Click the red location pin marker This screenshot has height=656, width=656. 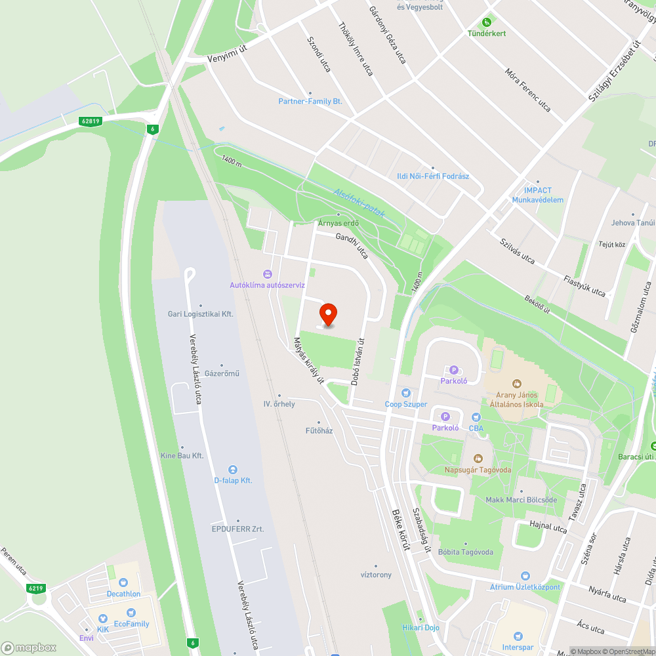(327, 314)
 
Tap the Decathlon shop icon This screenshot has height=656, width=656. (123, 582)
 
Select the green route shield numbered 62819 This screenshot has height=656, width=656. (91, 121)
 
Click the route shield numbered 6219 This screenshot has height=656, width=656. (36, 588)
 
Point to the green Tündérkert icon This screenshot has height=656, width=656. (487, 22)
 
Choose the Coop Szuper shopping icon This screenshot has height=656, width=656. (406, 392)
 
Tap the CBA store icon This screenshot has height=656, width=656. (476, 417)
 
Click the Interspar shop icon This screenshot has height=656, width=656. (518, 636)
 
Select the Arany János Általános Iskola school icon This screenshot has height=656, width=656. (517, 383)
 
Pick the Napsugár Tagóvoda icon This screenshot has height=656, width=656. (478, 458)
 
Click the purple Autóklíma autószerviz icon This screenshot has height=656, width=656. (267, 274)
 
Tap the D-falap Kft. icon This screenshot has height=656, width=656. (233, 469)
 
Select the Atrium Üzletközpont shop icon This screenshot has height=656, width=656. (525, 575)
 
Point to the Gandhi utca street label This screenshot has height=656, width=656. (352, 245)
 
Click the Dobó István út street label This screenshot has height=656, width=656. (357, 361)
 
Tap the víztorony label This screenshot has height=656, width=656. (376, 575)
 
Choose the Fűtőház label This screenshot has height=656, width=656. (319, 430)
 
